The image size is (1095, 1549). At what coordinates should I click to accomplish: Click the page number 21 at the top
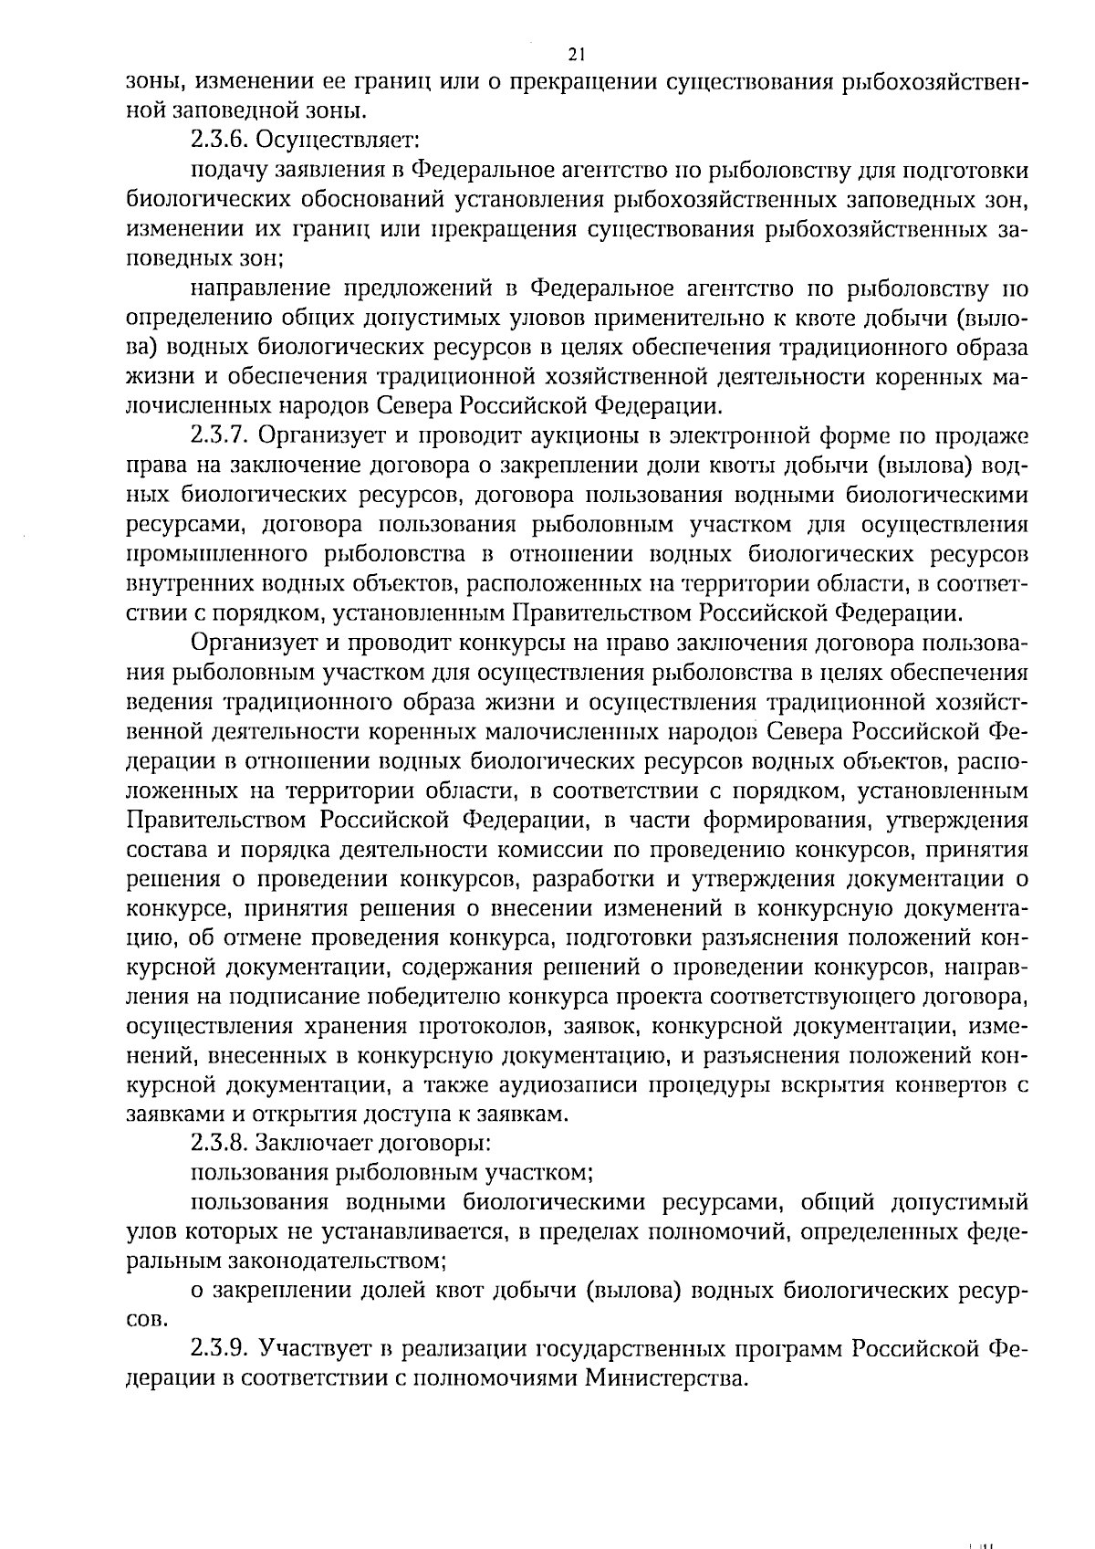(575, 53)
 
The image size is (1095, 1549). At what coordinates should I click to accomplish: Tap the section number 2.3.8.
(220, 1142)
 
